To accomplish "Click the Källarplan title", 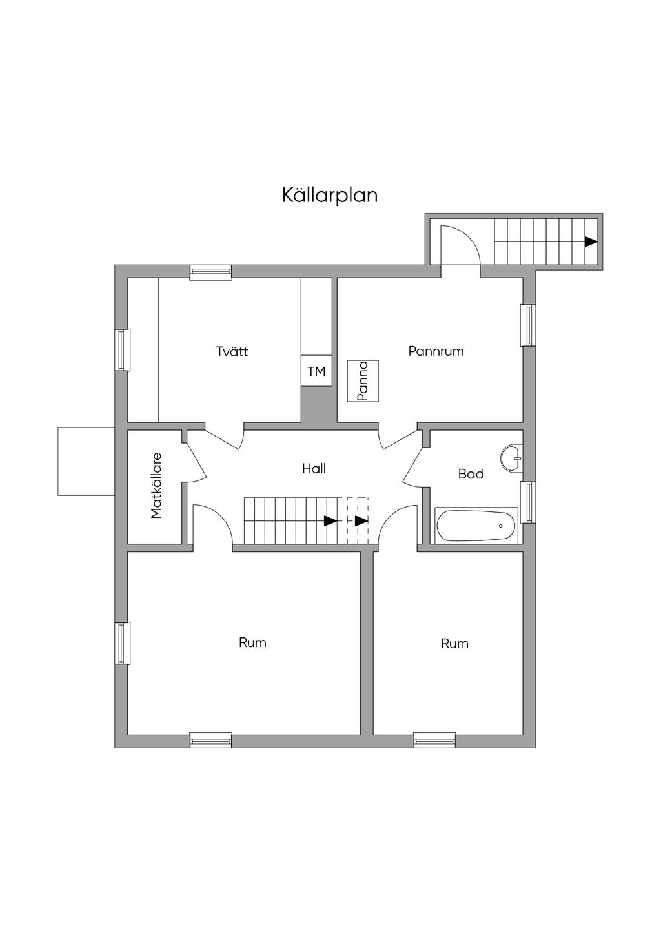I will coord(329,195).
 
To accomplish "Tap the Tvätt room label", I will coord(232,352).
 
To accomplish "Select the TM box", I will coord(316,372).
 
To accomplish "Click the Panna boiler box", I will coord(363,381).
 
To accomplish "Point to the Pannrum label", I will coord(436,351).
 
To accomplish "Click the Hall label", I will coord(314,469).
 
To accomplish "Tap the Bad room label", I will coord(471,474).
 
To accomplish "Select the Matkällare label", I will coord(156,485).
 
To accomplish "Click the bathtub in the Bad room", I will coord(477,525).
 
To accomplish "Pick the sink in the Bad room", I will coord(512,457).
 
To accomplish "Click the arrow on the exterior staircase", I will coord(591,241).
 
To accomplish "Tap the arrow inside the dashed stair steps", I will coord(361,520).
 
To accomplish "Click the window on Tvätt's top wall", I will coord(210,272).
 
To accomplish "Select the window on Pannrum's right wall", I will coord(529,325).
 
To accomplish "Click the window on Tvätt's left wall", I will coord(122,349).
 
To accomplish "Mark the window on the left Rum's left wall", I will coord(122,642).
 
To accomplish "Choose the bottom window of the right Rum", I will coord(434,740).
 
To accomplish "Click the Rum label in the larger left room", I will coord(252,642).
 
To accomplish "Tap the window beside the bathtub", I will coord(529,502).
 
